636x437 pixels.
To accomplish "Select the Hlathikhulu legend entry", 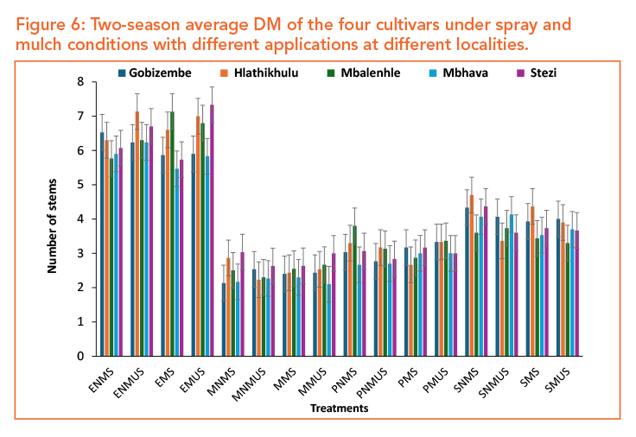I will [x=261, y=73].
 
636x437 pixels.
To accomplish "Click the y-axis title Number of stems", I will [x=52, y=219].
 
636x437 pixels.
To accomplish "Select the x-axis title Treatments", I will [x=340, y=408].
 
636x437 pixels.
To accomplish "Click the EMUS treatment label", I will [x=195, y=377].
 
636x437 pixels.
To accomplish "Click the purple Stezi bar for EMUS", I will [x=212, y=230].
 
